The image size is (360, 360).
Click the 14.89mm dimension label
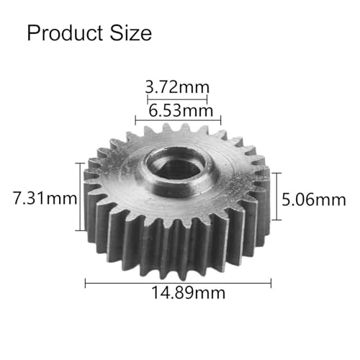point(179,293)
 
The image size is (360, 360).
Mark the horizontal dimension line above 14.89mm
point(178,282)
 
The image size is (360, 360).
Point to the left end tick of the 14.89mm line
point(86,282)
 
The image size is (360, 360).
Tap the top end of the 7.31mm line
point(78,163)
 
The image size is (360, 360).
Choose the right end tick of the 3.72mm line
point(207,99)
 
